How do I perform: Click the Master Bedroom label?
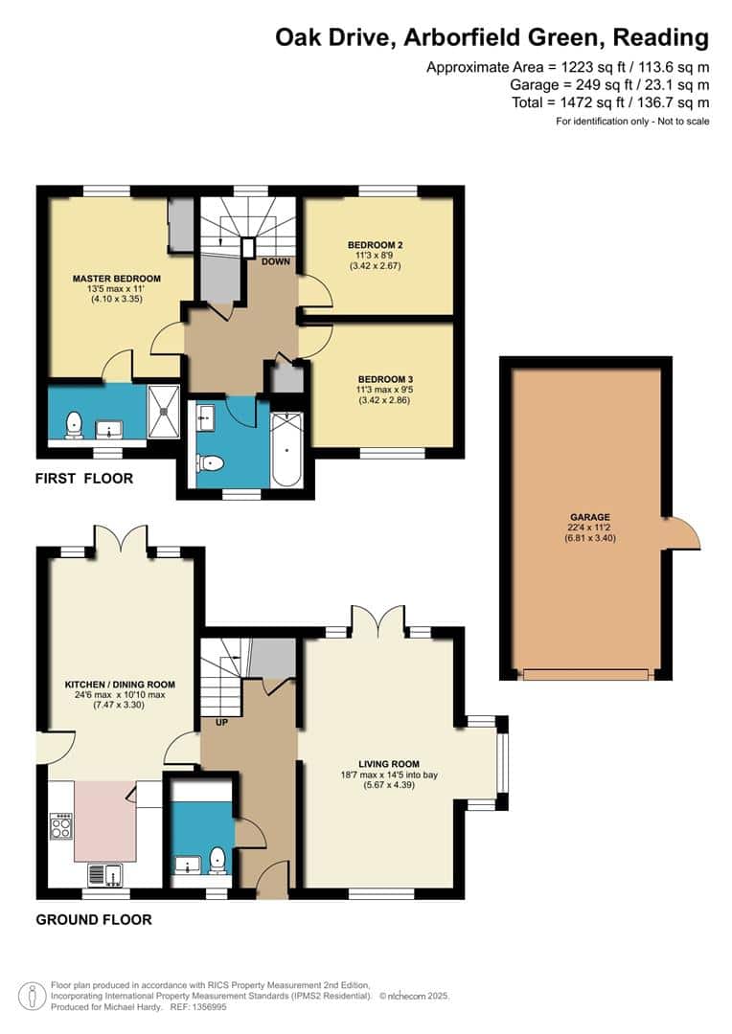click(117, 279)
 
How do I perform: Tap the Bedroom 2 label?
click(375, 245)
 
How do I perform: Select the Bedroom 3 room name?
click(385, 379)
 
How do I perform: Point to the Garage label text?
click(590, 517)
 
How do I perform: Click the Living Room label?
click(389, 764)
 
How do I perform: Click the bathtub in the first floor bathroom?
click(286, 449)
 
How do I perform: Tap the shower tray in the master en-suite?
click(163, 412)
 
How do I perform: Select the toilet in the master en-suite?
click(74, 425)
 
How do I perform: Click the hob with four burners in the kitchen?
click(60, 826)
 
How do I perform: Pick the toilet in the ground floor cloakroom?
click(217, 860)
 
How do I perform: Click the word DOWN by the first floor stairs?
click(276, 261)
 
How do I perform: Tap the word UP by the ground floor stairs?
click(221, 723)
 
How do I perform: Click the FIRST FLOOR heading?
click(83, 479)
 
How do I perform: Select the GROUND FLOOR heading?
click(94, 920)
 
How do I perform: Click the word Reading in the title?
click(661, 38)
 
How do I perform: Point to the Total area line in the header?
click(610, 102)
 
